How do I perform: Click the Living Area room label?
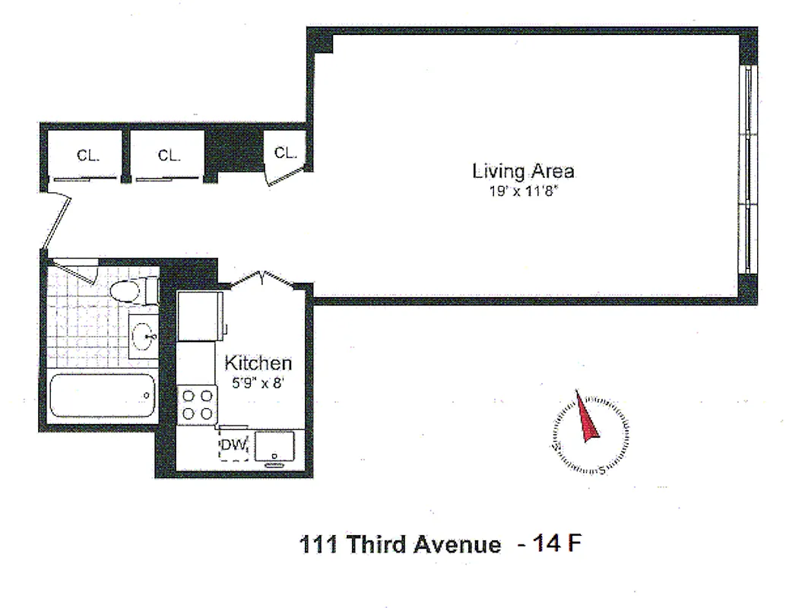point(523,170)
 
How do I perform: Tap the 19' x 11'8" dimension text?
point(523,192)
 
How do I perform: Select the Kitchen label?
point(258,363)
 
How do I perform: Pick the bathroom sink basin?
point(142,334)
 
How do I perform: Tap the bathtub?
point(103,395)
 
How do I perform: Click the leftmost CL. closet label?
point(88,156)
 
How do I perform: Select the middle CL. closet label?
point(170,156)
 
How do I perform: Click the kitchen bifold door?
point(262,279)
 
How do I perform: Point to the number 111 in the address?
point(319,545)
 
